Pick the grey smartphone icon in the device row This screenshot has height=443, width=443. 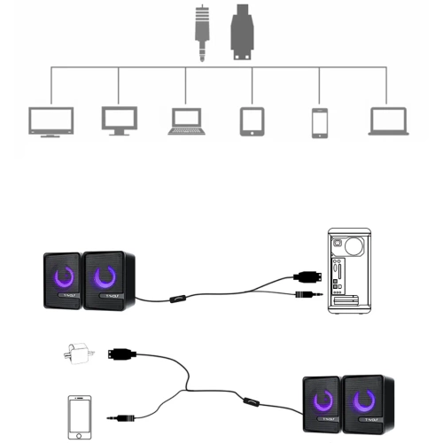point(319,121)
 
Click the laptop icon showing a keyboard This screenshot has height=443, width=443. point(186,121)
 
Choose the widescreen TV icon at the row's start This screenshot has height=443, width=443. point(50,120)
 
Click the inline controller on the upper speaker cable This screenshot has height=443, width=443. point(178,300)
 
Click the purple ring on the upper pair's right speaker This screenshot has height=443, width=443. point(108,278)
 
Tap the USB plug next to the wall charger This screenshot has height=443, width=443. point(120,354)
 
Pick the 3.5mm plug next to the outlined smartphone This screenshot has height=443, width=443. point(121,416)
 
